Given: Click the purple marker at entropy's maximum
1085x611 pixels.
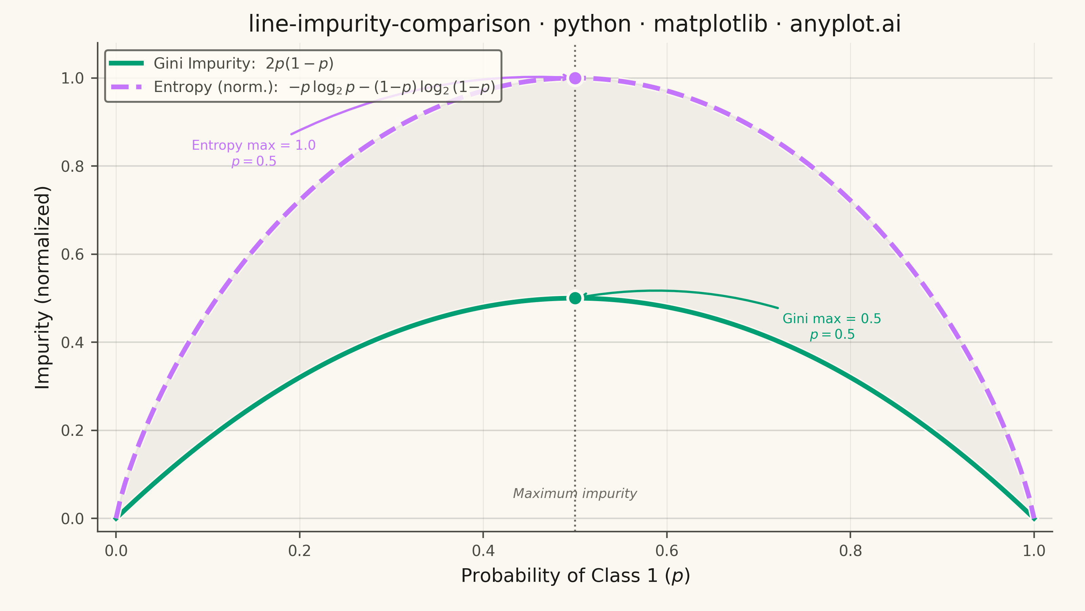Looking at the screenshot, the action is pos(575,78).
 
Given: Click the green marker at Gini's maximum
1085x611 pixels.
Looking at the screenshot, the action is pos(575,298).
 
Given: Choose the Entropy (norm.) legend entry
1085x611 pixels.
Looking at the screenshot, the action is pos(302,87).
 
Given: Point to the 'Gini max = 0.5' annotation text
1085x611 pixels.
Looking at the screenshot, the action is pos(832,318).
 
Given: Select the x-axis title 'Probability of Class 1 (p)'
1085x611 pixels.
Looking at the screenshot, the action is pos(575,576).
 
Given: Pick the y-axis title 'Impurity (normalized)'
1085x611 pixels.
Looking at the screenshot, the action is pos(42,288).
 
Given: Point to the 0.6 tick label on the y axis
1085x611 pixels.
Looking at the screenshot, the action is pos(73,254).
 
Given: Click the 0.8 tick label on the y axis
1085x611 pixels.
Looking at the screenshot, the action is pos(73,166).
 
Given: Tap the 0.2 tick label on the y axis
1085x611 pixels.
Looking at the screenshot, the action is pos(73,430).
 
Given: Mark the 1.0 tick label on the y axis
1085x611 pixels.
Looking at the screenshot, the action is pos(73,78).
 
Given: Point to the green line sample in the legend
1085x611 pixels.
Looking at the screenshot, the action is pos(126,63).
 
